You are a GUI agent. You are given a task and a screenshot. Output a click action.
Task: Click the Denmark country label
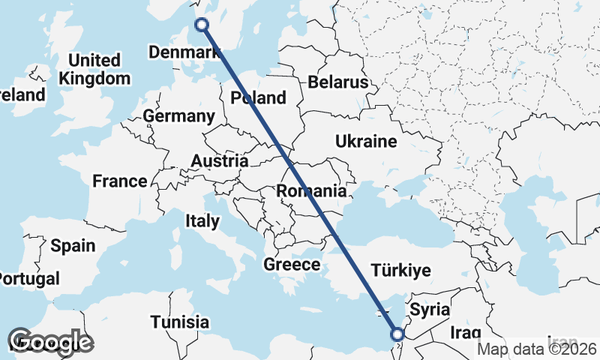coord(184,52)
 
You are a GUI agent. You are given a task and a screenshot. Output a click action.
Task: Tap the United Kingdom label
coord(94,69)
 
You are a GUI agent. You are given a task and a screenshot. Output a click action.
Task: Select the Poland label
coord(259,97)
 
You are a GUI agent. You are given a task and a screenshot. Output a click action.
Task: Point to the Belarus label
coord(338,82)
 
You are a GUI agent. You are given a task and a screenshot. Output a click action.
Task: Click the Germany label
coord(178,116)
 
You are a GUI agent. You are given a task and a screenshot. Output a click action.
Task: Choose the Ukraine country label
coord(365,141)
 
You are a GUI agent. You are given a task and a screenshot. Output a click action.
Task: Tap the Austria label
coord(219,160)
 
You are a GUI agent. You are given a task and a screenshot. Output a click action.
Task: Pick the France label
coord(120,181)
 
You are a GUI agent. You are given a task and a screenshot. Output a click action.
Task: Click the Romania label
coord(311,190)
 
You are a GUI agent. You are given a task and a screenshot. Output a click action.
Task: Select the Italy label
coord(202,220)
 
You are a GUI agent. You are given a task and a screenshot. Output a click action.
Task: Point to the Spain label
coord(73,245)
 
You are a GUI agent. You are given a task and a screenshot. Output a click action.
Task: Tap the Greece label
coord(292,264)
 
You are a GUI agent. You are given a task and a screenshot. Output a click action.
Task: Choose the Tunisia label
coord(179,322)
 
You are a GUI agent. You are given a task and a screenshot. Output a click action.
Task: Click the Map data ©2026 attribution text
coord(537,349)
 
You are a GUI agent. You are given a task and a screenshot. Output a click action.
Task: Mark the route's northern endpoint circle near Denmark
coord(202,25)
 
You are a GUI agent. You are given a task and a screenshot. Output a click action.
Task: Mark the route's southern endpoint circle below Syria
coord(397,334)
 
